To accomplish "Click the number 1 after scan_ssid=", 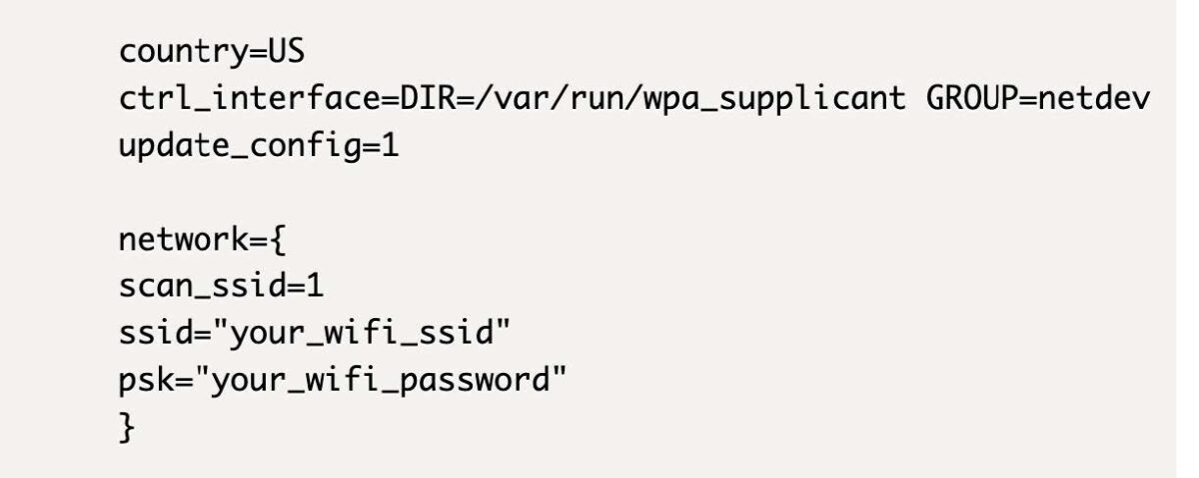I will (316, 288).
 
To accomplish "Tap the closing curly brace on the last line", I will (126, 431).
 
